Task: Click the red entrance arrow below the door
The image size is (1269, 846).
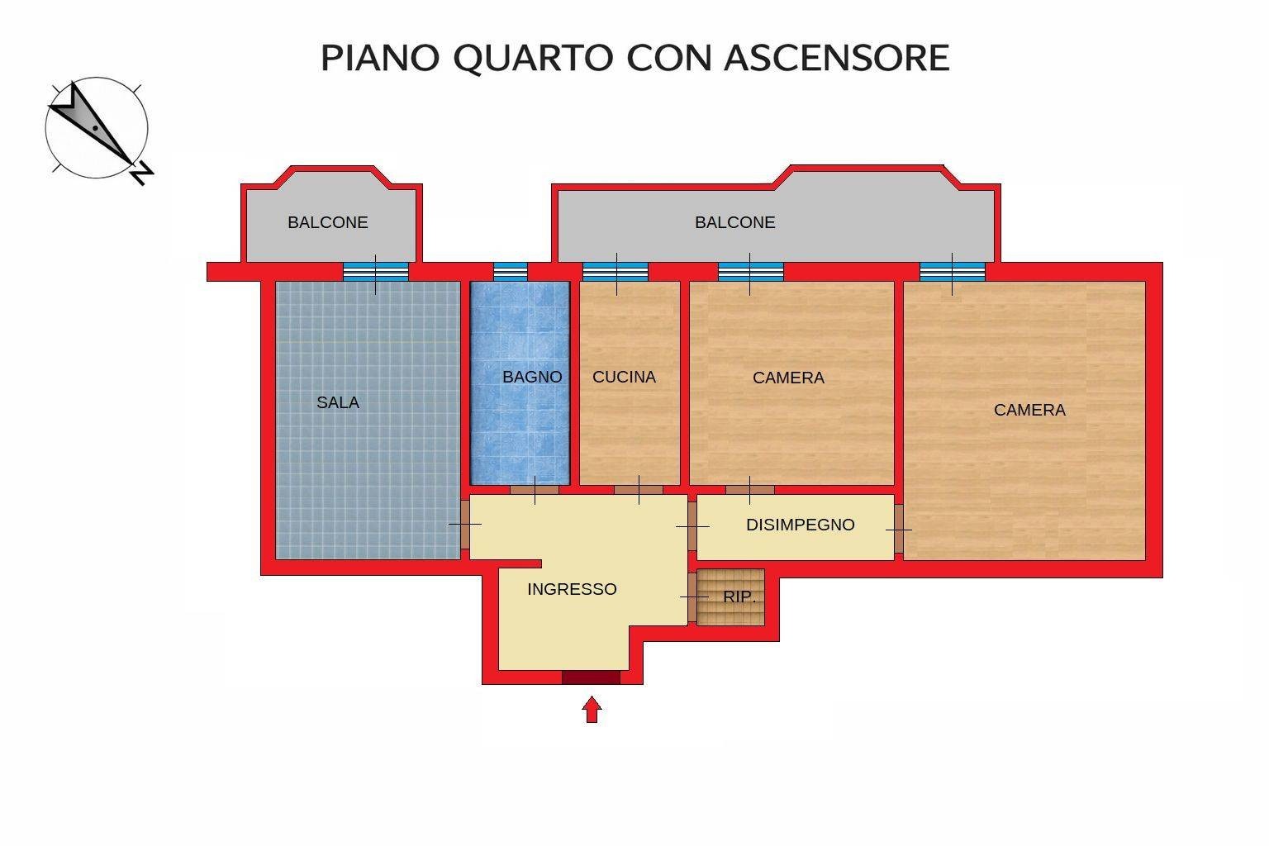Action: (x=592, y=710)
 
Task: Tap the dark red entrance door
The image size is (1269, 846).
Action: (x=591, y=677)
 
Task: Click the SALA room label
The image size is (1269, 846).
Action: (x=338, y=402)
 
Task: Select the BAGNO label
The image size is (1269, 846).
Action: (x=532, y=377)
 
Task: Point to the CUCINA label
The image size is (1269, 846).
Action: (x=624, y=377)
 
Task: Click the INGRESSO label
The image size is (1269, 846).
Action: (x=572, y=589)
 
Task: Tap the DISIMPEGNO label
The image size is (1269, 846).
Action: (x=800, y=525)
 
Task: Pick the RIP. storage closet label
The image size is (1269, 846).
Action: (x=739, y=596)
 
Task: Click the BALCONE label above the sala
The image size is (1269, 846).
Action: (x=327, y=222)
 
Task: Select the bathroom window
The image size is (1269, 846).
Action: (x=511, y=272)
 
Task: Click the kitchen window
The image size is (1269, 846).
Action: (x=615, y=272)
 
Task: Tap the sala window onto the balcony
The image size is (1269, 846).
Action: (x=376, y=272)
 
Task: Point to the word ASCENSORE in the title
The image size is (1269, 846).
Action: (x=837, y=58)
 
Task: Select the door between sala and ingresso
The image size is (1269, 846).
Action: (x=464, y=524)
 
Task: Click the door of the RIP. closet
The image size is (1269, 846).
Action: (x=692, y=597)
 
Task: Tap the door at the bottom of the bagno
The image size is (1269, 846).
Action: (x=535, y=490)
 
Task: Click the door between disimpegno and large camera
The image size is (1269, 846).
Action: (x=899, y=529)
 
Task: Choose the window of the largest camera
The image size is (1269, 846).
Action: (x=953, y=272)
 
